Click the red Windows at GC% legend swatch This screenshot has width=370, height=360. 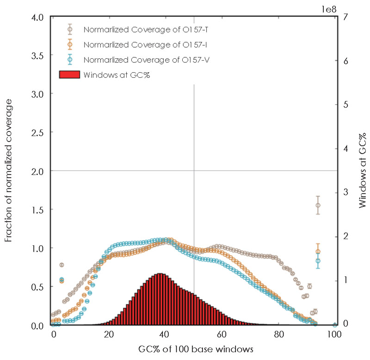click(70, 74)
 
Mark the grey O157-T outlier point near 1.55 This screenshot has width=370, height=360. click(318, 205)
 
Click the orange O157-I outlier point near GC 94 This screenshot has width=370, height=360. click(318, 251)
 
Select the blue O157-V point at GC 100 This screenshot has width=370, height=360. click(334, 325)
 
